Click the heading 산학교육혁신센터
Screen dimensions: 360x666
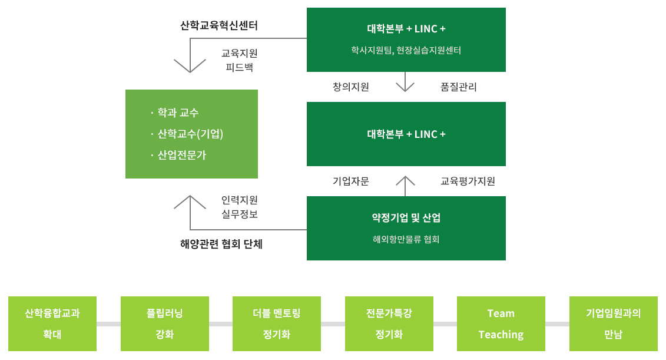(x=219, y=26)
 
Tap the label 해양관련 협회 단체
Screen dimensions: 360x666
(x=221, y=244)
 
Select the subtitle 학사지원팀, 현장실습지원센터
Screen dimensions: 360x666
(x=406, y=51)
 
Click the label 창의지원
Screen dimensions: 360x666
(x=351, y=87)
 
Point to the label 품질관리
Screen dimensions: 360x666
(x=459, y=87)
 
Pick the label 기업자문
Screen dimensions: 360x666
(x=351, y=181)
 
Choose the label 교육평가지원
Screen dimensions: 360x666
(x=468, y=181)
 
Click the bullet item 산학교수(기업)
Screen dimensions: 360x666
(x=190, y=134)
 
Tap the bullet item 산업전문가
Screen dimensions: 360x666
(x=182, y=155)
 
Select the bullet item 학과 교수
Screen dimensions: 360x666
(x=178, y=113)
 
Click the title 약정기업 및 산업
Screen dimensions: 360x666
(x=406, y=218)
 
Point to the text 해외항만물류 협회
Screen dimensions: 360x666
(x=406, y=240)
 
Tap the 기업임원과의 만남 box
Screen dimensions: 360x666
(x=614, y=323)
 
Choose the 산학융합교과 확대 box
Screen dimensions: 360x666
(x=52, y=323)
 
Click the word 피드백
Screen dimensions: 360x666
(x=240, y=67)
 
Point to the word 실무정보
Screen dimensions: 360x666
(x=240, y=214)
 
